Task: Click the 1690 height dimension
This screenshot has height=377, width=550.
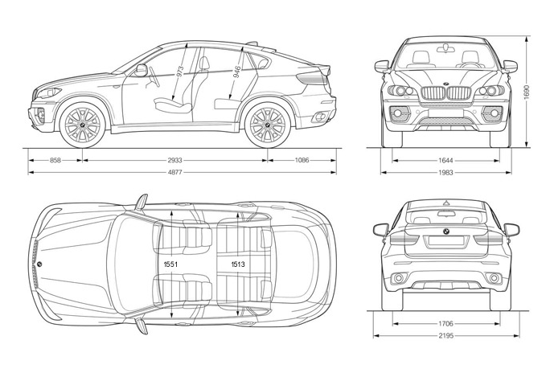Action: tap(527, 93)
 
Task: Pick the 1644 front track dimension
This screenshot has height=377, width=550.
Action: tap(445, 161)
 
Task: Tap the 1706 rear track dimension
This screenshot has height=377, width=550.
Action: tap(445, 324)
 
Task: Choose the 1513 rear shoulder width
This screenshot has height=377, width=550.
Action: tap(238, 264)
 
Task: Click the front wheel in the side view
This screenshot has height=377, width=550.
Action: tap(83, 124)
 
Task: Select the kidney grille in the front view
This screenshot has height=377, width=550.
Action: tap(445, 94)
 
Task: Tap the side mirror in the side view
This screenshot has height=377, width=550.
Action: tap(142, 70)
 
